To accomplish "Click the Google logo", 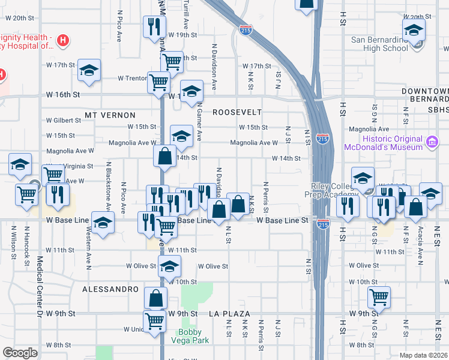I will pos(20,353).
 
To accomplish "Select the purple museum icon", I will pos(431,142).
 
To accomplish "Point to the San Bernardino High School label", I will pos(379,44).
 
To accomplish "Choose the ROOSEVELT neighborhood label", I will pos(238,112).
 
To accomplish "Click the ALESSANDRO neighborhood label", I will pos(111,289).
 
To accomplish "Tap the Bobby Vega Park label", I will pos(193,337).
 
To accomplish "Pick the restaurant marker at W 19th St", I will pos(154,27).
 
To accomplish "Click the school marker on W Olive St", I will pos(170,265).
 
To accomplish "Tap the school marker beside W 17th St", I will pos(89,70).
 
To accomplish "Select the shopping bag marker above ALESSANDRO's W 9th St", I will pos(156,298).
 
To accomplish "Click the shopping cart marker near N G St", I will pos(379,296).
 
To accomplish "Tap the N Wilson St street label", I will pos(13,244).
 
